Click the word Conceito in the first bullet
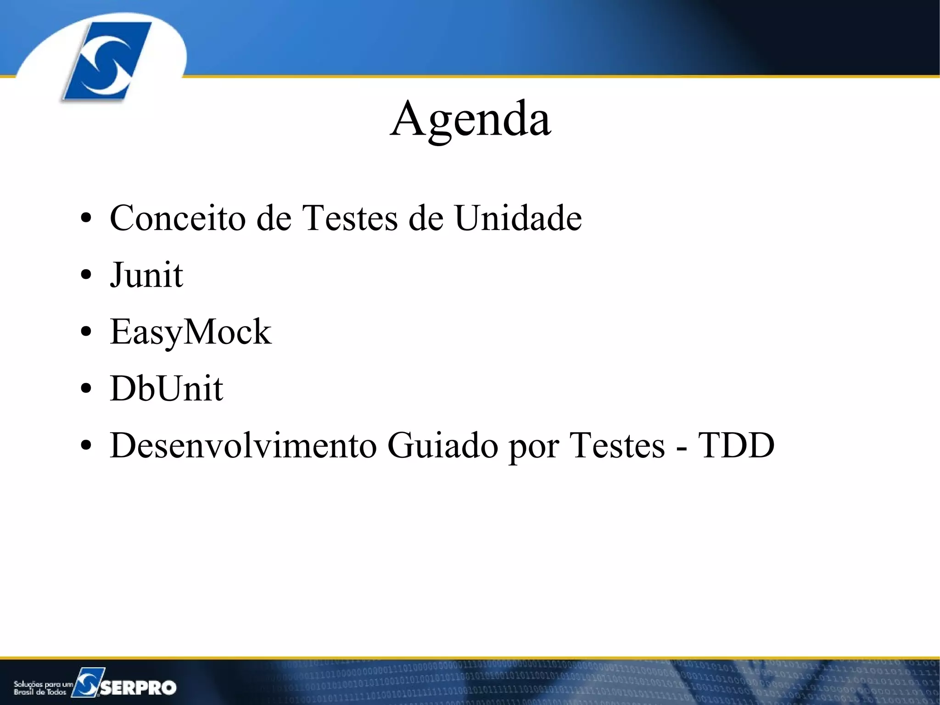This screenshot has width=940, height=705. pos(178,218)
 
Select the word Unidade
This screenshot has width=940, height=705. pos(518,218)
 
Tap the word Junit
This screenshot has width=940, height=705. pos(146,275)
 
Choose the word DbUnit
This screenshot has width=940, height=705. pos(166,389)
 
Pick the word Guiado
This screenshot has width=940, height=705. pos(442,446)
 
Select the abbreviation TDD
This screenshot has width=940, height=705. pos(736,446)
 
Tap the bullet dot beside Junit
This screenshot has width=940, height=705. pos(86,276)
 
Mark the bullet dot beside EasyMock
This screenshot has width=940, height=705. pos(86,333)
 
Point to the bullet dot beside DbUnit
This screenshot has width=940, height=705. pos(86,389)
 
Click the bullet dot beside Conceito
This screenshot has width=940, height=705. pos(86,219)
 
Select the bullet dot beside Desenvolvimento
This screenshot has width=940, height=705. pos(86,446)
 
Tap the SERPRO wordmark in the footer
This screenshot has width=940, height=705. pos(138,687)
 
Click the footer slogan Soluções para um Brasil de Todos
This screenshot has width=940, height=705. pos(42,688)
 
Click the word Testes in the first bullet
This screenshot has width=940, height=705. pos(350,218)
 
